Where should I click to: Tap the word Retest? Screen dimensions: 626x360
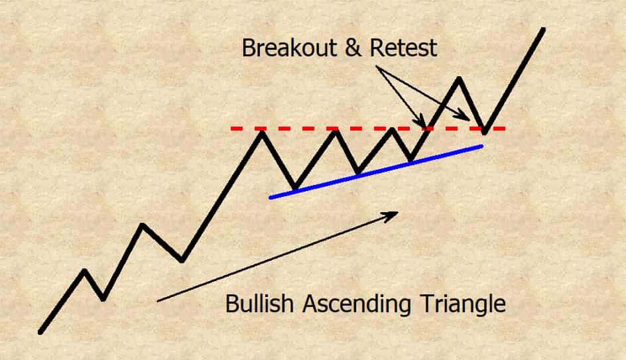click(x=403, y=48)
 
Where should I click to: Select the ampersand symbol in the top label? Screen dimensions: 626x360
click(x=353, y=48)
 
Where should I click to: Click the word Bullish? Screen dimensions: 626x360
click(x=259, y=304)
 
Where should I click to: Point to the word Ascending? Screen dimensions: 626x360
click(x=357, y=304)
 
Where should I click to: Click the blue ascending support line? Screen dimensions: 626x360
click(x=376, y=172)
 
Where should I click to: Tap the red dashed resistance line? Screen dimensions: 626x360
click(x=367, y=129)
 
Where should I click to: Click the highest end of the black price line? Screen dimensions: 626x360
click(x=543, y=29)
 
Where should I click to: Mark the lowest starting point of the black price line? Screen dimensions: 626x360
click(x=40, y=332)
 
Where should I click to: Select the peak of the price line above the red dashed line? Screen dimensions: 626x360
click(x=459, y=79)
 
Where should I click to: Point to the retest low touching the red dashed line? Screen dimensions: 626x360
click(x=484, y=132)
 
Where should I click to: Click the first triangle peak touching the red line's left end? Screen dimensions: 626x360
click(x=262, y=133)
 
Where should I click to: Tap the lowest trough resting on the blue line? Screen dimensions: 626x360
click(x=295, y=187)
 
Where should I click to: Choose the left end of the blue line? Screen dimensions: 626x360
click(x=271, y=197)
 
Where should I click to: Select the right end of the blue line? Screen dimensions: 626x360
click(x=482, y=147)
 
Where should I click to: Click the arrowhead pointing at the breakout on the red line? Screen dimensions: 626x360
click(x=422, y=122)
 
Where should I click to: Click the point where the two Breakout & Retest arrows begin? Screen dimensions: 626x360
click(x=377, y=67)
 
